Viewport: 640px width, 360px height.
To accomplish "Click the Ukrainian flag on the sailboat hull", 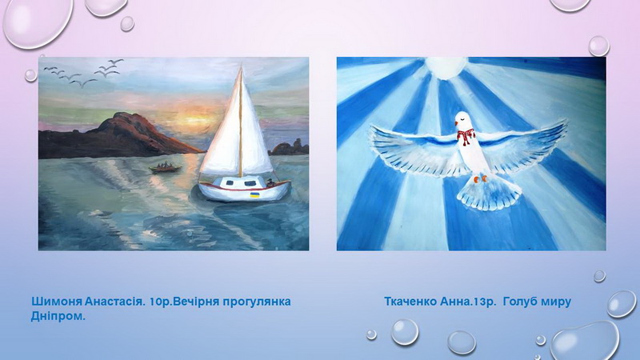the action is [x=254, y=194].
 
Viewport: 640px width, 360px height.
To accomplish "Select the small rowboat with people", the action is [x=166, y=167].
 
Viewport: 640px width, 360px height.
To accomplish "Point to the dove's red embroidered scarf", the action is [x=465, y=136].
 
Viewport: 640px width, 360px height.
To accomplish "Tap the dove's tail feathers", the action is [x=489, y=195].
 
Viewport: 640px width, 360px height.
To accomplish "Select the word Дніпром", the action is [x=58, y=316].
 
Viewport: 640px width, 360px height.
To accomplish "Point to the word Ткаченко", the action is [x=410, y=302].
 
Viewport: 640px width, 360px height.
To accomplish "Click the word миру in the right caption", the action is [x=556, y=303].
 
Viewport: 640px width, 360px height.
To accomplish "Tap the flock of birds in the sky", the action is [x=83, y=73].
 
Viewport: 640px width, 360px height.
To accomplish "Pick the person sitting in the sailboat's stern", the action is [x=270, y=183].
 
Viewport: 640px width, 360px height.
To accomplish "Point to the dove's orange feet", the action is [x=479, y=178].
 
